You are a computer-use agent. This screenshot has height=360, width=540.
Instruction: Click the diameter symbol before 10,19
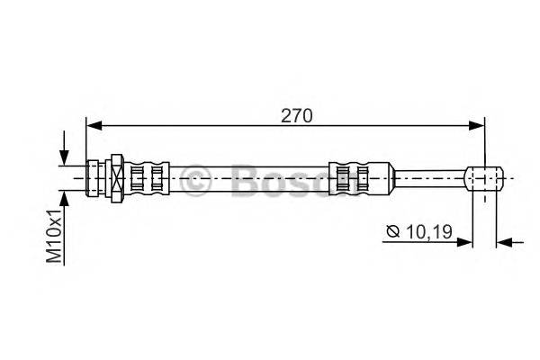[392, 232]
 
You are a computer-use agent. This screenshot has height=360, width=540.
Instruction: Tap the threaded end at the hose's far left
[93, 176]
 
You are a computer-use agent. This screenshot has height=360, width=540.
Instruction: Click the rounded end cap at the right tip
[487, 177]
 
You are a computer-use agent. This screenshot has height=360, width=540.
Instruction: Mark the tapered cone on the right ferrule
[382, 177]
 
